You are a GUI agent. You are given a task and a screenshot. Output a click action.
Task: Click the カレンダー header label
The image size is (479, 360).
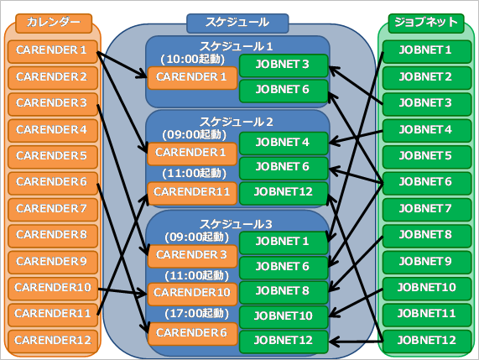coord(54,23)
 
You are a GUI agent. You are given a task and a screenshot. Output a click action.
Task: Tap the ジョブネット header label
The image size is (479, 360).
coord(426,23)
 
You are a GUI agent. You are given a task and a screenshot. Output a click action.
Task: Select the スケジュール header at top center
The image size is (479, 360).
coord(237,23)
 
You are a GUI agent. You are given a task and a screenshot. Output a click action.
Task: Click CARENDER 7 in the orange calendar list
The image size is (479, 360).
coord(53,209)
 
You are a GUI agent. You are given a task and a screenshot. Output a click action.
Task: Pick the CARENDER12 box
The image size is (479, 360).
coord(53,341)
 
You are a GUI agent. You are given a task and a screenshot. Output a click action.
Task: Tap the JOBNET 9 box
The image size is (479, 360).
coord(427,262)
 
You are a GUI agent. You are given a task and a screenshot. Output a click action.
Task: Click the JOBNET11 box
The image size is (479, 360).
coord(427,315)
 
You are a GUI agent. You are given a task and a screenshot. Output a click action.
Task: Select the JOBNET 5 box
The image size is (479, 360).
coord(427,157)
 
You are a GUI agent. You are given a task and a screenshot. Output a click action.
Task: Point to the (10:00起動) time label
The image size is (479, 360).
coord(193,59)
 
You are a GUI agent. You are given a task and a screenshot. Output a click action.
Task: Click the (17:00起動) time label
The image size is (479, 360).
coord(197,313)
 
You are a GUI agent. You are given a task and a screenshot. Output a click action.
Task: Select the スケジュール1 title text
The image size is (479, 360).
coord(236,46)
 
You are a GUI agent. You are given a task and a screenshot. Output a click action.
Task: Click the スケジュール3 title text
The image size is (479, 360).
coord(236,224)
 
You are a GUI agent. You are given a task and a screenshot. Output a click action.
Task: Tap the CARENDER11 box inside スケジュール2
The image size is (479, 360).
coord(192,193)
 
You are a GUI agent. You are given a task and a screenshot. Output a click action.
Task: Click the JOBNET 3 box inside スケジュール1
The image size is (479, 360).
coord(284,65)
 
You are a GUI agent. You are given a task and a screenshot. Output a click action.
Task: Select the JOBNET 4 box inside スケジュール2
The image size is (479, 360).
coord(284,143)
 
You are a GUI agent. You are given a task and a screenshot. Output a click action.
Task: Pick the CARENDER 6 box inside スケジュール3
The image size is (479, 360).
coord(192,334)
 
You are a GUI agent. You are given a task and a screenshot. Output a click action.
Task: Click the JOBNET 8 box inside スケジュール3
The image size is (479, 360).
coord(284,292)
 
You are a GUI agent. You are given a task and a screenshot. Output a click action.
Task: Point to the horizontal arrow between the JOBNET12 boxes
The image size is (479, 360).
coord(356,342)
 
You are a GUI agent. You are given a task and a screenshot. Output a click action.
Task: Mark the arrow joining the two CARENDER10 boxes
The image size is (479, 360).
coord(122,291)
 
